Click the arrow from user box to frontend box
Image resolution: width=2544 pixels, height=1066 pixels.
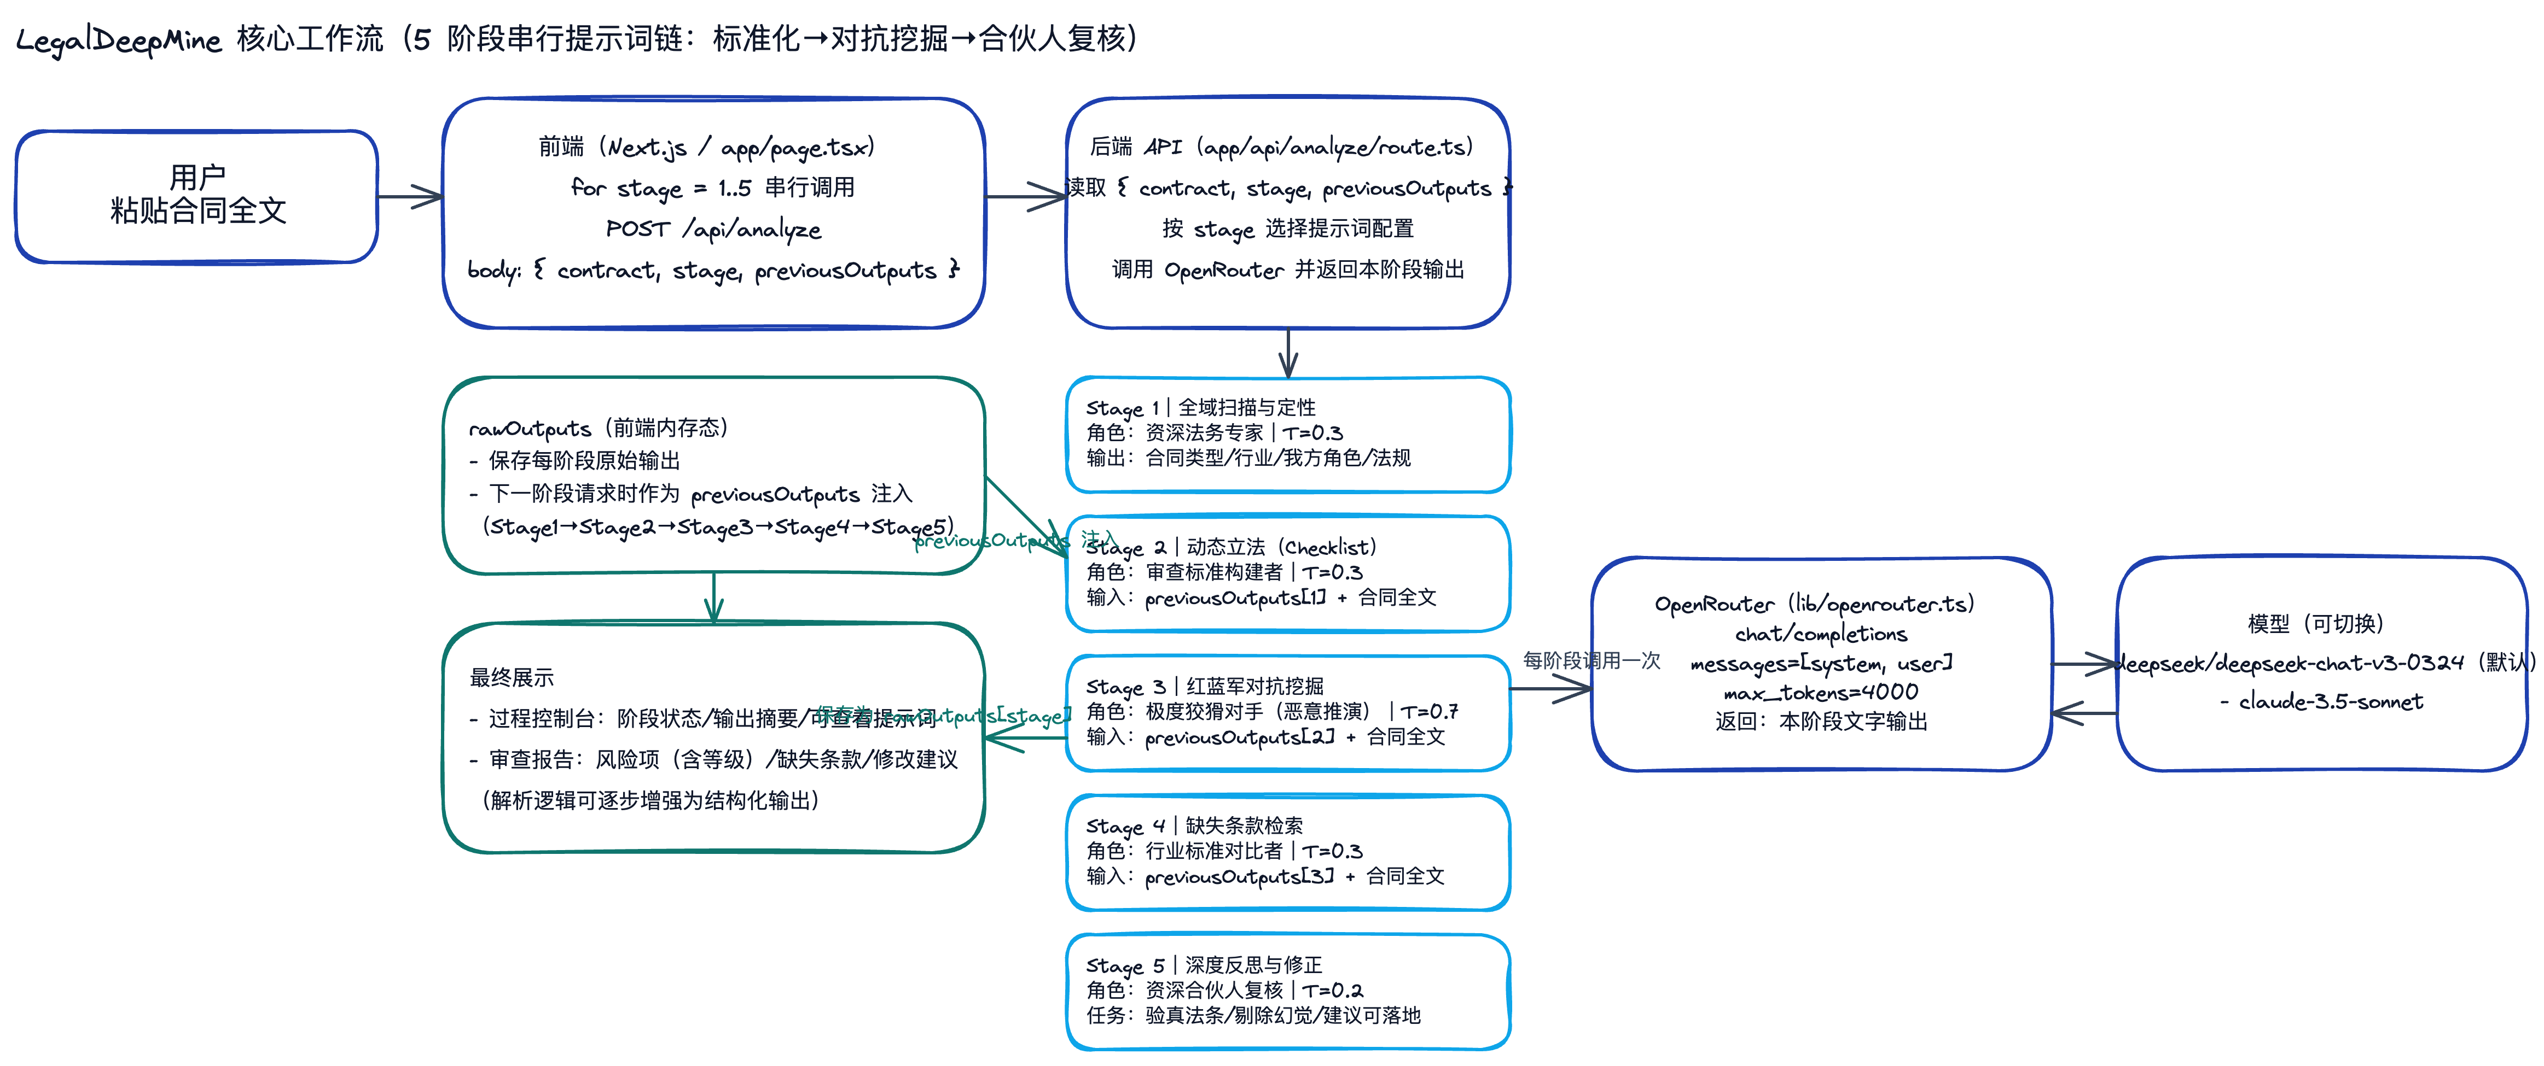tap(410, 196)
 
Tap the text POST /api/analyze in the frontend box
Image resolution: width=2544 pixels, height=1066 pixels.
tap(713, 229)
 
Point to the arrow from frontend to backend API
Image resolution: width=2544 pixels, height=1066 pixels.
tap(1025, 196)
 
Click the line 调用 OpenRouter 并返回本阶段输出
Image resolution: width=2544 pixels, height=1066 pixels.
tap(1288, 270)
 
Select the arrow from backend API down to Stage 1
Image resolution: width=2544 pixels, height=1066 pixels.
tap(1288, 353)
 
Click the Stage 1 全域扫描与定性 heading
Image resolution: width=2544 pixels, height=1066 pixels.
tap(1200, 408)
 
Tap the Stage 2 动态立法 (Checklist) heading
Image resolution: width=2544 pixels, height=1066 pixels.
tap(1230, 547)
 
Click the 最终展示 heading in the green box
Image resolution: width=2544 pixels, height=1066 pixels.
tap(512, 677)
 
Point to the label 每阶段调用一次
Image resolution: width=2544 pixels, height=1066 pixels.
tap(1591, 660)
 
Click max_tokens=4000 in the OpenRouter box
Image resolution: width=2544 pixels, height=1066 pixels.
tap(1820, 692)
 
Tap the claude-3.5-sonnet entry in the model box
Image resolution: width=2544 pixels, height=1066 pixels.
tap(2321, 702)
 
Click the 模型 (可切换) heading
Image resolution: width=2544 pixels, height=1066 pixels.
tap(2315, 624)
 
